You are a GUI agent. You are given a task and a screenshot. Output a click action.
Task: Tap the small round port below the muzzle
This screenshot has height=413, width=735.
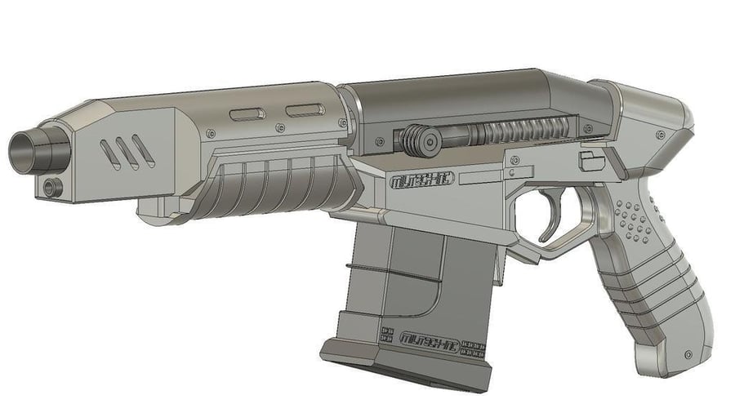click(x=53, y=187)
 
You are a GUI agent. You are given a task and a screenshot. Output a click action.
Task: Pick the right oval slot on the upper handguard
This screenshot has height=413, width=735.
click(x=304, y=109)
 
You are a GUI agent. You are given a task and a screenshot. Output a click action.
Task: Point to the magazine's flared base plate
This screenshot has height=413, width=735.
click(x=408, y=367)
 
